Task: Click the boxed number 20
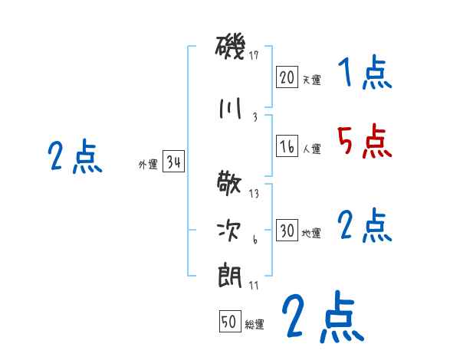(287, 77)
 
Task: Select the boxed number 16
(287, 146)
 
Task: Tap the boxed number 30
(287, 231)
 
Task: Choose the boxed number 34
(173, 162)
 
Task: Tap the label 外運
(147, 165)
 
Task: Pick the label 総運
(255, 325)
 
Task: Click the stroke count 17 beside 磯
(255, 55)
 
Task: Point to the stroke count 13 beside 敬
(254, 193)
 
